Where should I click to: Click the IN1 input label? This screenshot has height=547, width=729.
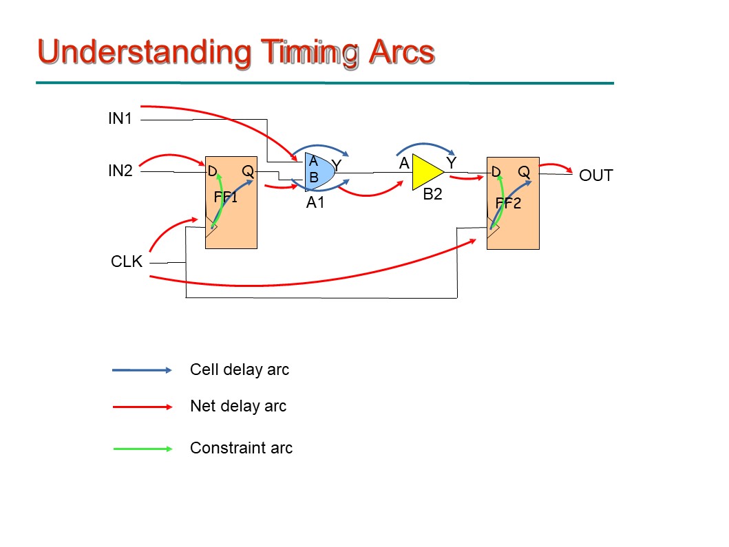click(x=120, y=118)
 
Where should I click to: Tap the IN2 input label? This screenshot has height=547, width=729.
click(x=120, y=171)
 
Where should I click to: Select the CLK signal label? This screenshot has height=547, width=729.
click(x=126, y=262)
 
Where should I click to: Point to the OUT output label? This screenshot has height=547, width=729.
click(x=595, y=175)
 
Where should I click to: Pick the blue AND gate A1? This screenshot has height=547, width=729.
click(x=318, y=172)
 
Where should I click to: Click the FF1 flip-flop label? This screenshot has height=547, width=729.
click(x=226, y=197)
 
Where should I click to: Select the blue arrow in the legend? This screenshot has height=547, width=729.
click(x=142, y=370)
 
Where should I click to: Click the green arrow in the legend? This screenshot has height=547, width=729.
click(x=142, y=449)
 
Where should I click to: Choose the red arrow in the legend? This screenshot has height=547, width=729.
click(x=142, y=407)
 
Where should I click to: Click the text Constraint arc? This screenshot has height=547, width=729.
click(x=241, y=449)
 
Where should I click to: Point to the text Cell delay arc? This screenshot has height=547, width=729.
click(x=240, y=370)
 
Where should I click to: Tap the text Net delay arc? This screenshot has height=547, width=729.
click(x=237, y=407)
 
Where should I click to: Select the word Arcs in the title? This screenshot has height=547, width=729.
click(x=400, y=53)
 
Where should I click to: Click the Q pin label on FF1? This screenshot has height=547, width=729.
click(x=247, y=171)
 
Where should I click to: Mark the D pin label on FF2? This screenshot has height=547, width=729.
click(x=496, y=171)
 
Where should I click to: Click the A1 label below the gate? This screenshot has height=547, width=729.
click(x=315, y=203)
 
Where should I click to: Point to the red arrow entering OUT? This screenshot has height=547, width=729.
click(x=556, y=167)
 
